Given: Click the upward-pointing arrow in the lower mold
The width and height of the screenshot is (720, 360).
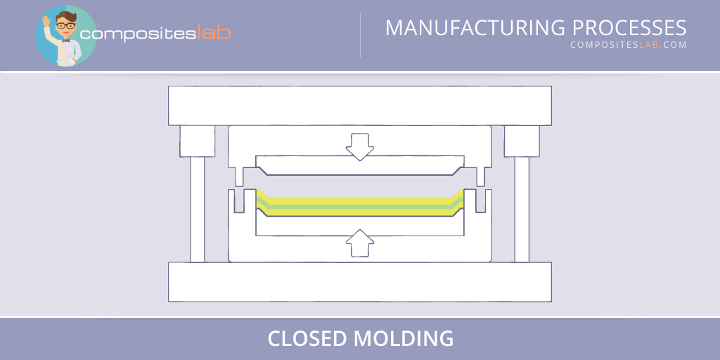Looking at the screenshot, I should [359, 243].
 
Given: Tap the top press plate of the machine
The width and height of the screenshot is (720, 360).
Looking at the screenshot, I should [359, 105].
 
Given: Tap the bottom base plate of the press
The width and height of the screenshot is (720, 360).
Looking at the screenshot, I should [359, 281].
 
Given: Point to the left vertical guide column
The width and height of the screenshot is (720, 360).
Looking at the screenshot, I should [198, 209].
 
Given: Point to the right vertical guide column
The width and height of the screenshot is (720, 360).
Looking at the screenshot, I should [522, 209].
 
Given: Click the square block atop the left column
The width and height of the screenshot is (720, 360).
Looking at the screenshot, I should [198, 141].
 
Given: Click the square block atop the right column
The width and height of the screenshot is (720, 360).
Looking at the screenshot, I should [522, 141].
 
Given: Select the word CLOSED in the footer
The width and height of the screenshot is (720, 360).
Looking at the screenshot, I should [307, 339].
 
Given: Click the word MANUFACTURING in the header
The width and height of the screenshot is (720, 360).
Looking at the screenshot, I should [476, 28].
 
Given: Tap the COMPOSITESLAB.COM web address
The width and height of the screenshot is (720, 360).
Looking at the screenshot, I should [628, 46].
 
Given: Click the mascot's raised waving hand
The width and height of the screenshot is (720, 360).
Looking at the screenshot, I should [47, 21].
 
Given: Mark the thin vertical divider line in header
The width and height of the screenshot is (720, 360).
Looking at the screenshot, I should [361, 35].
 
